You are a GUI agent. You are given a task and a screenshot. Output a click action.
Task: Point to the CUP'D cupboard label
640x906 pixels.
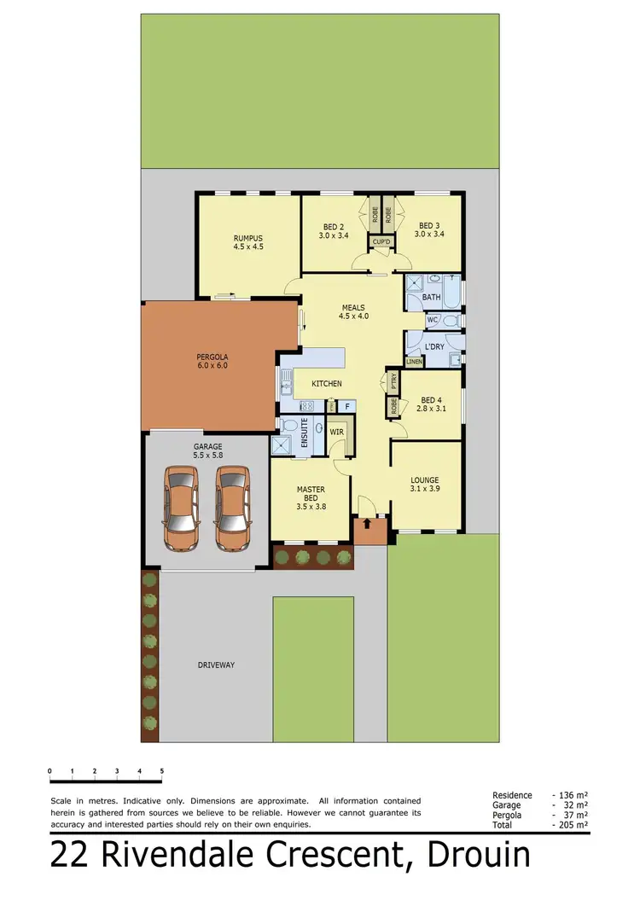(381, 241)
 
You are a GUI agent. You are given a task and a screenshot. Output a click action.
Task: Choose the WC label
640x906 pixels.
(432, 321)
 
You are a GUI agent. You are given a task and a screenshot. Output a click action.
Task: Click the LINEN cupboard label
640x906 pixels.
(415, 362)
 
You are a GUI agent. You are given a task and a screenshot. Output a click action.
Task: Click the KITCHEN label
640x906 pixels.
(327, 384)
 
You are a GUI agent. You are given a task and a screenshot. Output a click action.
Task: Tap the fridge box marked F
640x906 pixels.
(347, 407)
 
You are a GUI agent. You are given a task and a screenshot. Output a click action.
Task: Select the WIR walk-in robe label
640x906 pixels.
(336, 432)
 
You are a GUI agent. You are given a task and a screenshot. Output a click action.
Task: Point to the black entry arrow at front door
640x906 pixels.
(368, 522)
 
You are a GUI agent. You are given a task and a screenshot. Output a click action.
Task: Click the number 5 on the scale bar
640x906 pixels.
(161, 770)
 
